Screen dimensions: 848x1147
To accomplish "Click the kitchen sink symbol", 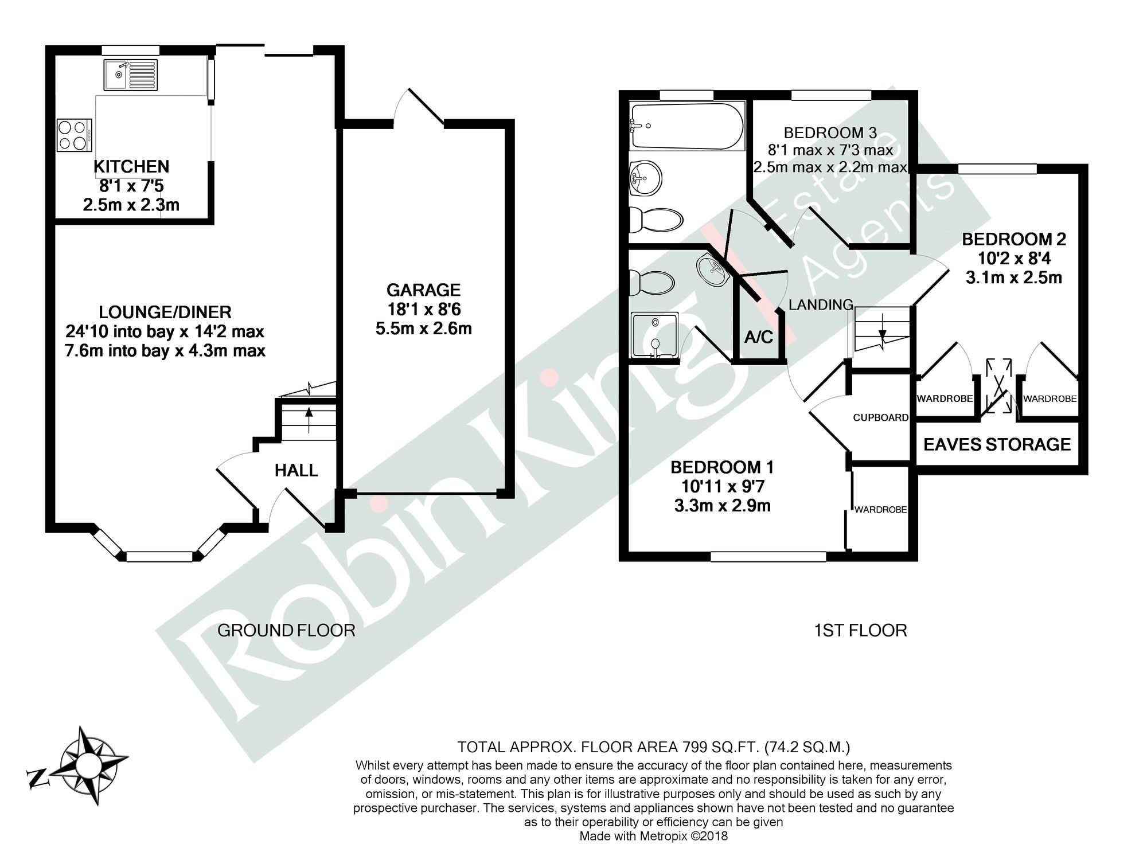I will [130, 75].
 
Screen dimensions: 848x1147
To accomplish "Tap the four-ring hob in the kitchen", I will [74, 135].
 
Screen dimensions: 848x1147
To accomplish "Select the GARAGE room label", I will [423, 290].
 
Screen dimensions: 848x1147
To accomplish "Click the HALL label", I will [296, 471].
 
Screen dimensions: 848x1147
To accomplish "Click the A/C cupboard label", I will [758, 337].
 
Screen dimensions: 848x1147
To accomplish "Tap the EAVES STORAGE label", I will [997, 444].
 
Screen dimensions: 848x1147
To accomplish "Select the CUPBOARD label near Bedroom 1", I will [880, 417].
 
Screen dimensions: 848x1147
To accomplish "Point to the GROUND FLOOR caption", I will [286, 631].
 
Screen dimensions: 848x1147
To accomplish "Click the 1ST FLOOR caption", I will [860, 631].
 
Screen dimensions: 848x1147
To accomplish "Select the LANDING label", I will [820, 304].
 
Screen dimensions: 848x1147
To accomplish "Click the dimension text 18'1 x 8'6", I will [424, 310].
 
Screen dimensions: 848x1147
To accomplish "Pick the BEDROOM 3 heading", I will [830, 133].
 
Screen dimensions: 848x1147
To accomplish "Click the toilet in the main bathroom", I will [656, 220].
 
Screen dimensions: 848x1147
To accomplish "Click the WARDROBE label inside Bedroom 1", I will [880, 509].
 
